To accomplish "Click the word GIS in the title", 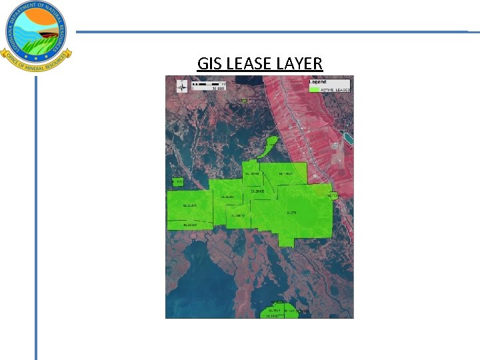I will click(x=210, y=64).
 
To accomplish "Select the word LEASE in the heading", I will click(x=249, y=64).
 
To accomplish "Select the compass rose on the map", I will click(x=181, y=85).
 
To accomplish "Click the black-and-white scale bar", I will click(x=207, y=84).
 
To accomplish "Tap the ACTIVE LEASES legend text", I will click(x=336, y=89).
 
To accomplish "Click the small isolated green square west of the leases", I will click(x=177, y=182).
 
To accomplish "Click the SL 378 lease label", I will click(x=291, y=213).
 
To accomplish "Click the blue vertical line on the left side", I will click(x=36, y=220).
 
